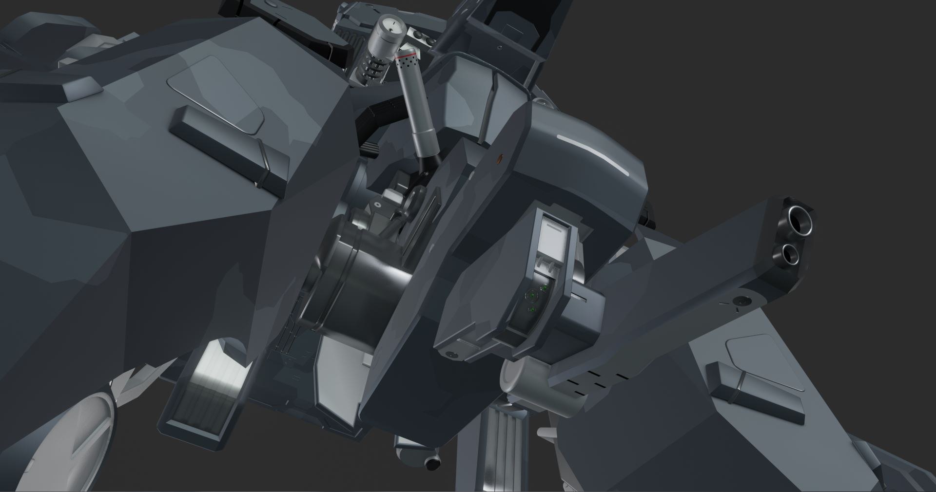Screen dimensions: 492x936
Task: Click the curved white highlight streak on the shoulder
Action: (x=597, y=151)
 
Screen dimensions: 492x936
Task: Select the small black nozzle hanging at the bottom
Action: (x=431, y=464)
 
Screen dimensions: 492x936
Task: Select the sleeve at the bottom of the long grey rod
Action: (x=424, y=144)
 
